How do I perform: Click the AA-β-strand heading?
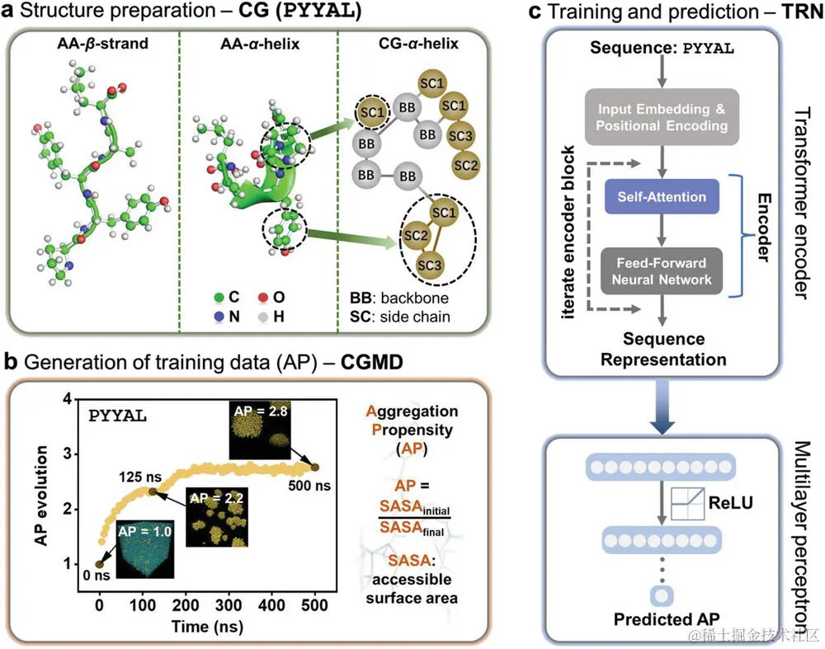pos(93,45)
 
